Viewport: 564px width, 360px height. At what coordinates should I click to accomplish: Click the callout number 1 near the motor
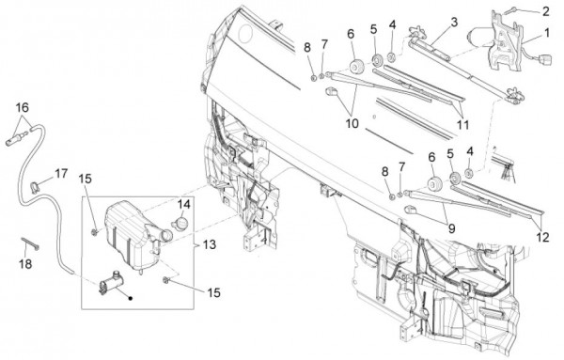coord(547,33)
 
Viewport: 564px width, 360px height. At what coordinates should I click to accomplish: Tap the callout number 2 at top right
coord(545,11)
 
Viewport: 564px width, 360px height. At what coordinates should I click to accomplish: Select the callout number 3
coord(454,23)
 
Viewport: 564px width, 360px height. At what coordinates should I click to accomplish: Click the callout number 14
coord(183,204)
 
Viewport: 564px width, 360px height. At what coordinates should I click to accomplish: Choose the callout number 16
coord(22,107)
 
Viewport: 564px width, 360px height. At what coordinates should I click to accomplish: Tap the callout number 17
coord(61,173)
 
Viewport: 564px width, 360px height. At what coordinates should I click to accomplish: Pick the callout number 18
coord(25,264)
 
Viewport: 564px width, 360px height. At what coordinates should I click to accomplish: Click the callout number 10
coord(352,123)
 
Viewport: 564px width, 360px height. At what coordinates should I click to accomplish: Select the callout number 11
coord(462,125)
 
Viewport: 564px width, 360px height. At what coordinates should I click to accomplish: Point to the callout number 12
coord(542,238)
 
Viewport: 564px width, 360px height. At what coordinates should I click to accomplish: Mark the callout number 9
coord(451,228)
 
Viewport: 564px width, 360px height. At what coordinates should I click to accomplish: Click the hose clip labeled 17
coord(35,187)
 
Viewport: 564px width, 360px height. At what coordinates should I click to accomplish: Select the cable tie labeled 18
coord(30,243)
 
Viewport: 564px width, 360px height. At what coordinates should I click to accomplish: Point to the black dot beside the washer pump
coord(131,298)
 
